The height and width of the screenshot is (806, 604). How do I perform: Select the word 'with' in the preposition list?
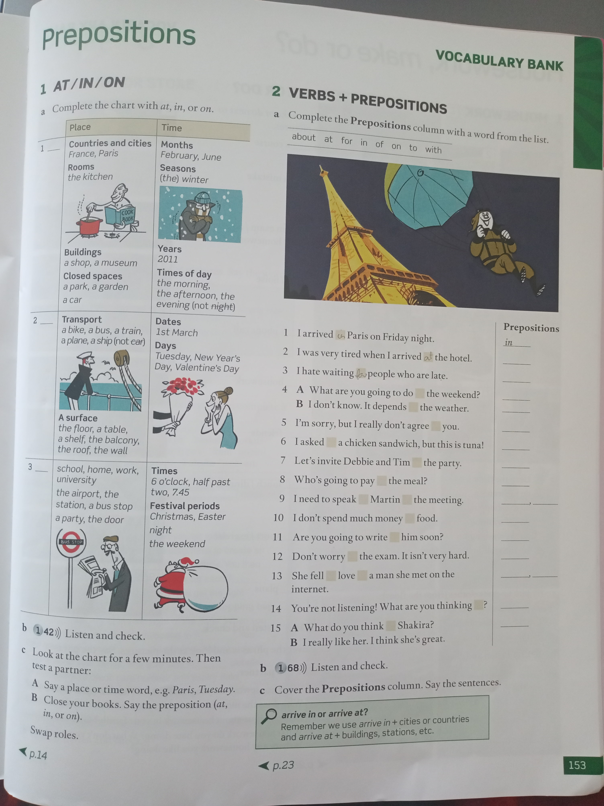coord(433,149)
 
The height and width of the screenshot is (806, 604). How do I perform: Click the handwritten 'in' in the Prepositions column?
coord(508,342)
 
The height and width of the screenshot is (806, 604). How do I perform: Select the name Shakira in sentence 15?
coord(415,625)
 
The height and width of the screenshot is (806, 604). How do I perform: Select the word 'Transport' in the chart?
coord(82,320)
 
